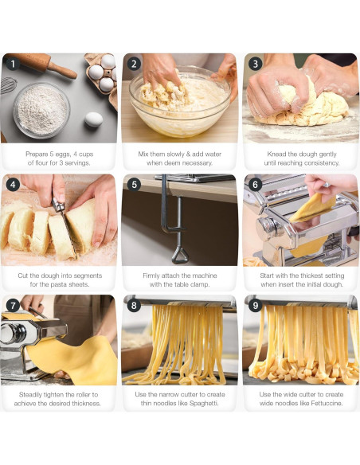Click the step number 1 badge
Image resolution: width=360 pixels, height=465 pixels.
click(12, 64)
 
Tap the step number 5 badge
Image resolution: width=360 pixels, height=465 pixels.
click(134, 185)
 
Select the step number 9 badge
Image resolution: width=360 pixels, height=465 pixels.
click(255, 306)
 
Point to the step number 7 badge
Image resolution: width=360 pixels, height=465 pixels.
click(12, 306)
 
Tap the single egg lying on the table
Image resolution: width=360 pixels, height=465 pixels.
click(93, 119)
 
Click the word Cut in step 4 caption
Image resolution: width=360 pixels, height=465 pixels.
click(24, 275)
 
